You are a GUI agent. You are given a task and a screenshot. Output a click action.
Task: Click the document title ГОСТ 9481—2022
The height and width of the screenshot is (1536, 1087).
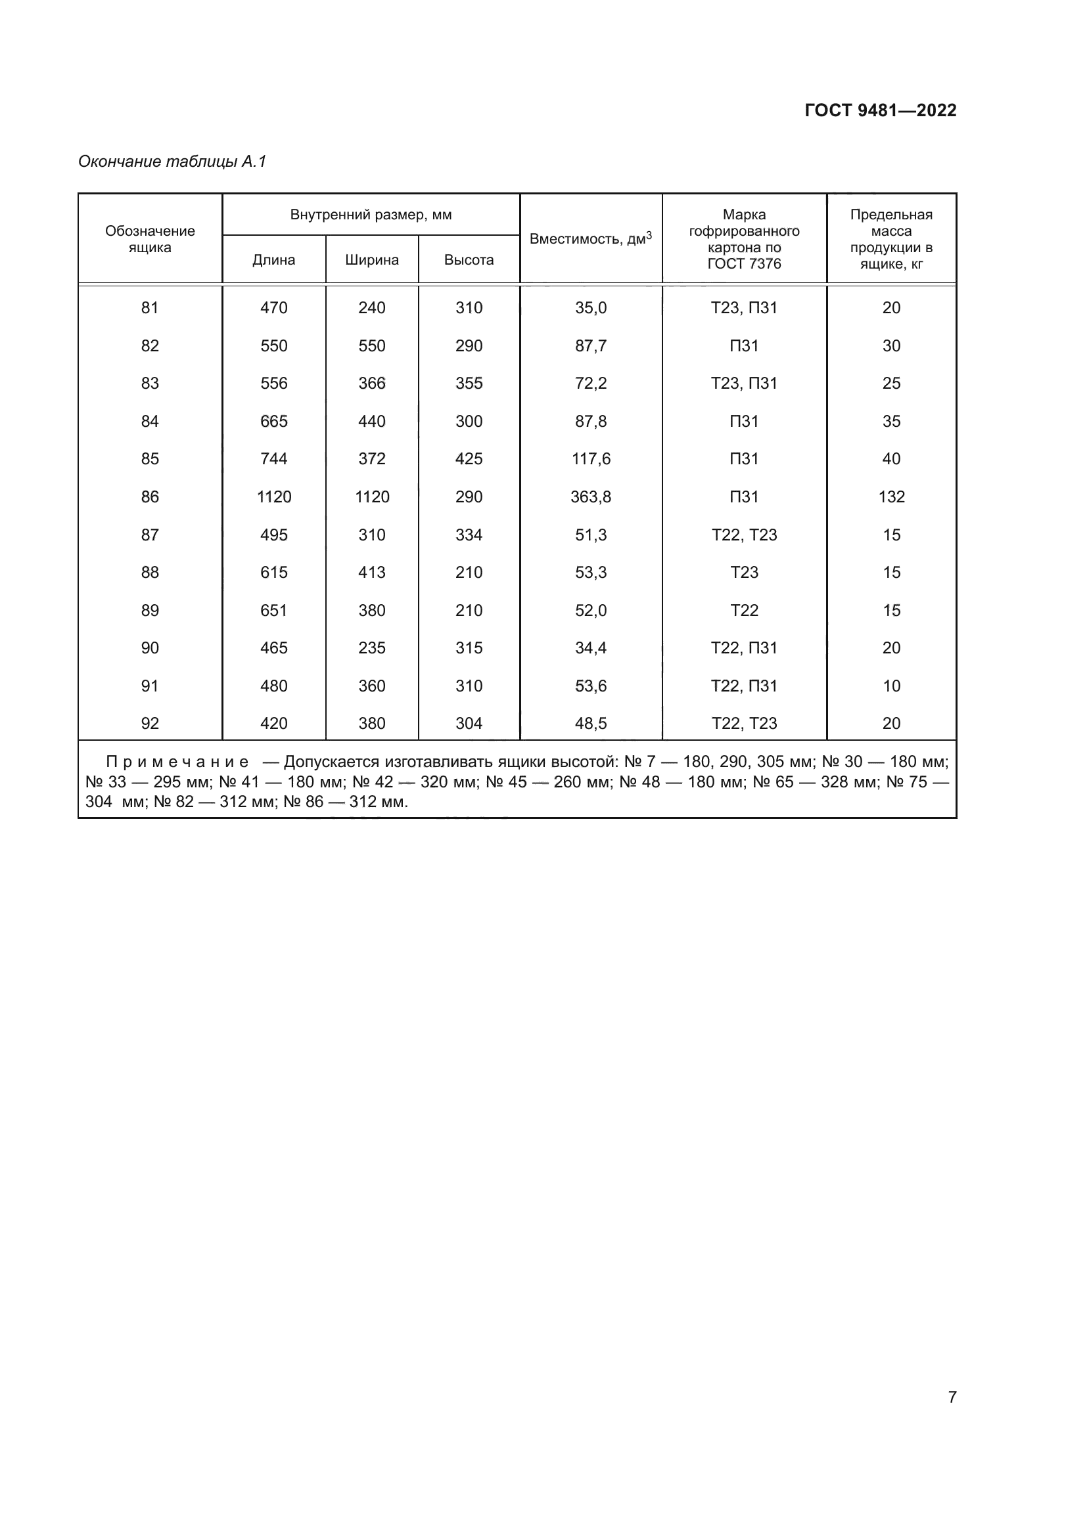click(880, 110)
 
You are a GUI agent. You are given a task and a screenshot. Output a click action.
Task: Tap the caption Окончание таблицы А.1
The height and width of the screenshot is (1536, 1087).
click(172, 162)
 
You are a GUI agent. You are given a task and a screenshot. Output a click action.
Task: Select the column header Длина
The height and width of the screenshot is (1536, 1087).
click(274, 259)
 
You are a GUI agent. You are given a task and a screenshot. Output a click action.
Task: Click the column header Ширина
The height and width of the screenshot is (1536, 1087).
click(372, 259)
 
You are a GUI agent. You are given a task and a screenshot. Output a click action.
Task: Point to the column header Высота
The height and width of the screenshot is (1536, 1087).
click(469, 259)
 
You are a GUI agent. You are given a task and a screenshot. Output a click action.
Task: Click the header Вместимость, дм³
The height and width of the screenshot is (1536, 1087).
click(590, 239)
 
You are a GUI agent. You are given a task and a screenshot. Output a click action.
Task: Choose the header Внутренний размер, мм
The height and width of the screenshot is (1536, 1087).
click(371, 215)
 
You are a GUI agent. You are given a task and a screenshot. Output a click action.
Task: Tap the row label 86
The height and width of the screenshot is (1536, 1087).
click(150, 496)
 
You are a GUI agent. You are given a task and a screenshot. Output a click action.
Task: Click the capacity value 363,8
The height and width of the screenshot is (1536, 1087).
click(590, 496)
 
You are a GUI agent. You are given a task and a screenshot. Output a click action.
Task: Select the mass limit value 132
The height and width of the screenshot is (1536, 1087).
click(891, 496)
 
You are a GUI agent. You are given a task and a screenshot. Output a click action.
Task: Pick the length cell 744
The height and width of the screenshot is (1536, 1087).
click(274, 459)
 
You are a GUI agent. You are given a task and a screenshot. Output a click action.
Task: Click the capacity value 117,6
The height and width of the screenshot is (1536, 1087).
click(590, 459)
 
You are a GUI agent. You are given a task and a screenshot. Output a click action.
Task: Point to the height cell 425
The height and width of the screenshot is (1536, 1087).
click(469, 459)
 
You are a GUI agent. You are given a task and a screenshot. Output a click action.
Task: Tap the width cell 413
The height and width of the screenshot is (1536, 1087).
click(371, 572)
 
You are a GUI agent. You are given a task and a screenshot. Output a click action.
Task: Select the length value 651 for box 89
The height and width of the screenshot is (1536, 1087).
click(274, 610)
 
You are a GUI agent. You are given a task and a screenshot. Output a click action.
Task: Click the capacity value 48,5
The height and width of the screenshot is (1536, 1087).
click(590, 723)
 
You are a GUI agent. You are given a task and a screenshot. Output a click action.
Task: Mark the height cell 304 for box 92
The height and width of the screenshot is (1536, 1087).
click(469, 723)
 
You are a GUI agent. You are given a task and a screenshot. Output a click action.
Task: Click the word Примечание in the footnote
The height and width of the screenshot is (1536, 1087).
click(177, 762)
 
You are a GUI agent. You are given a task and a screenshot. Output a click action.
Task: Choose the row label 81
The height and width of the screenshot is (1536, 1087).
click(150, 308)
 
